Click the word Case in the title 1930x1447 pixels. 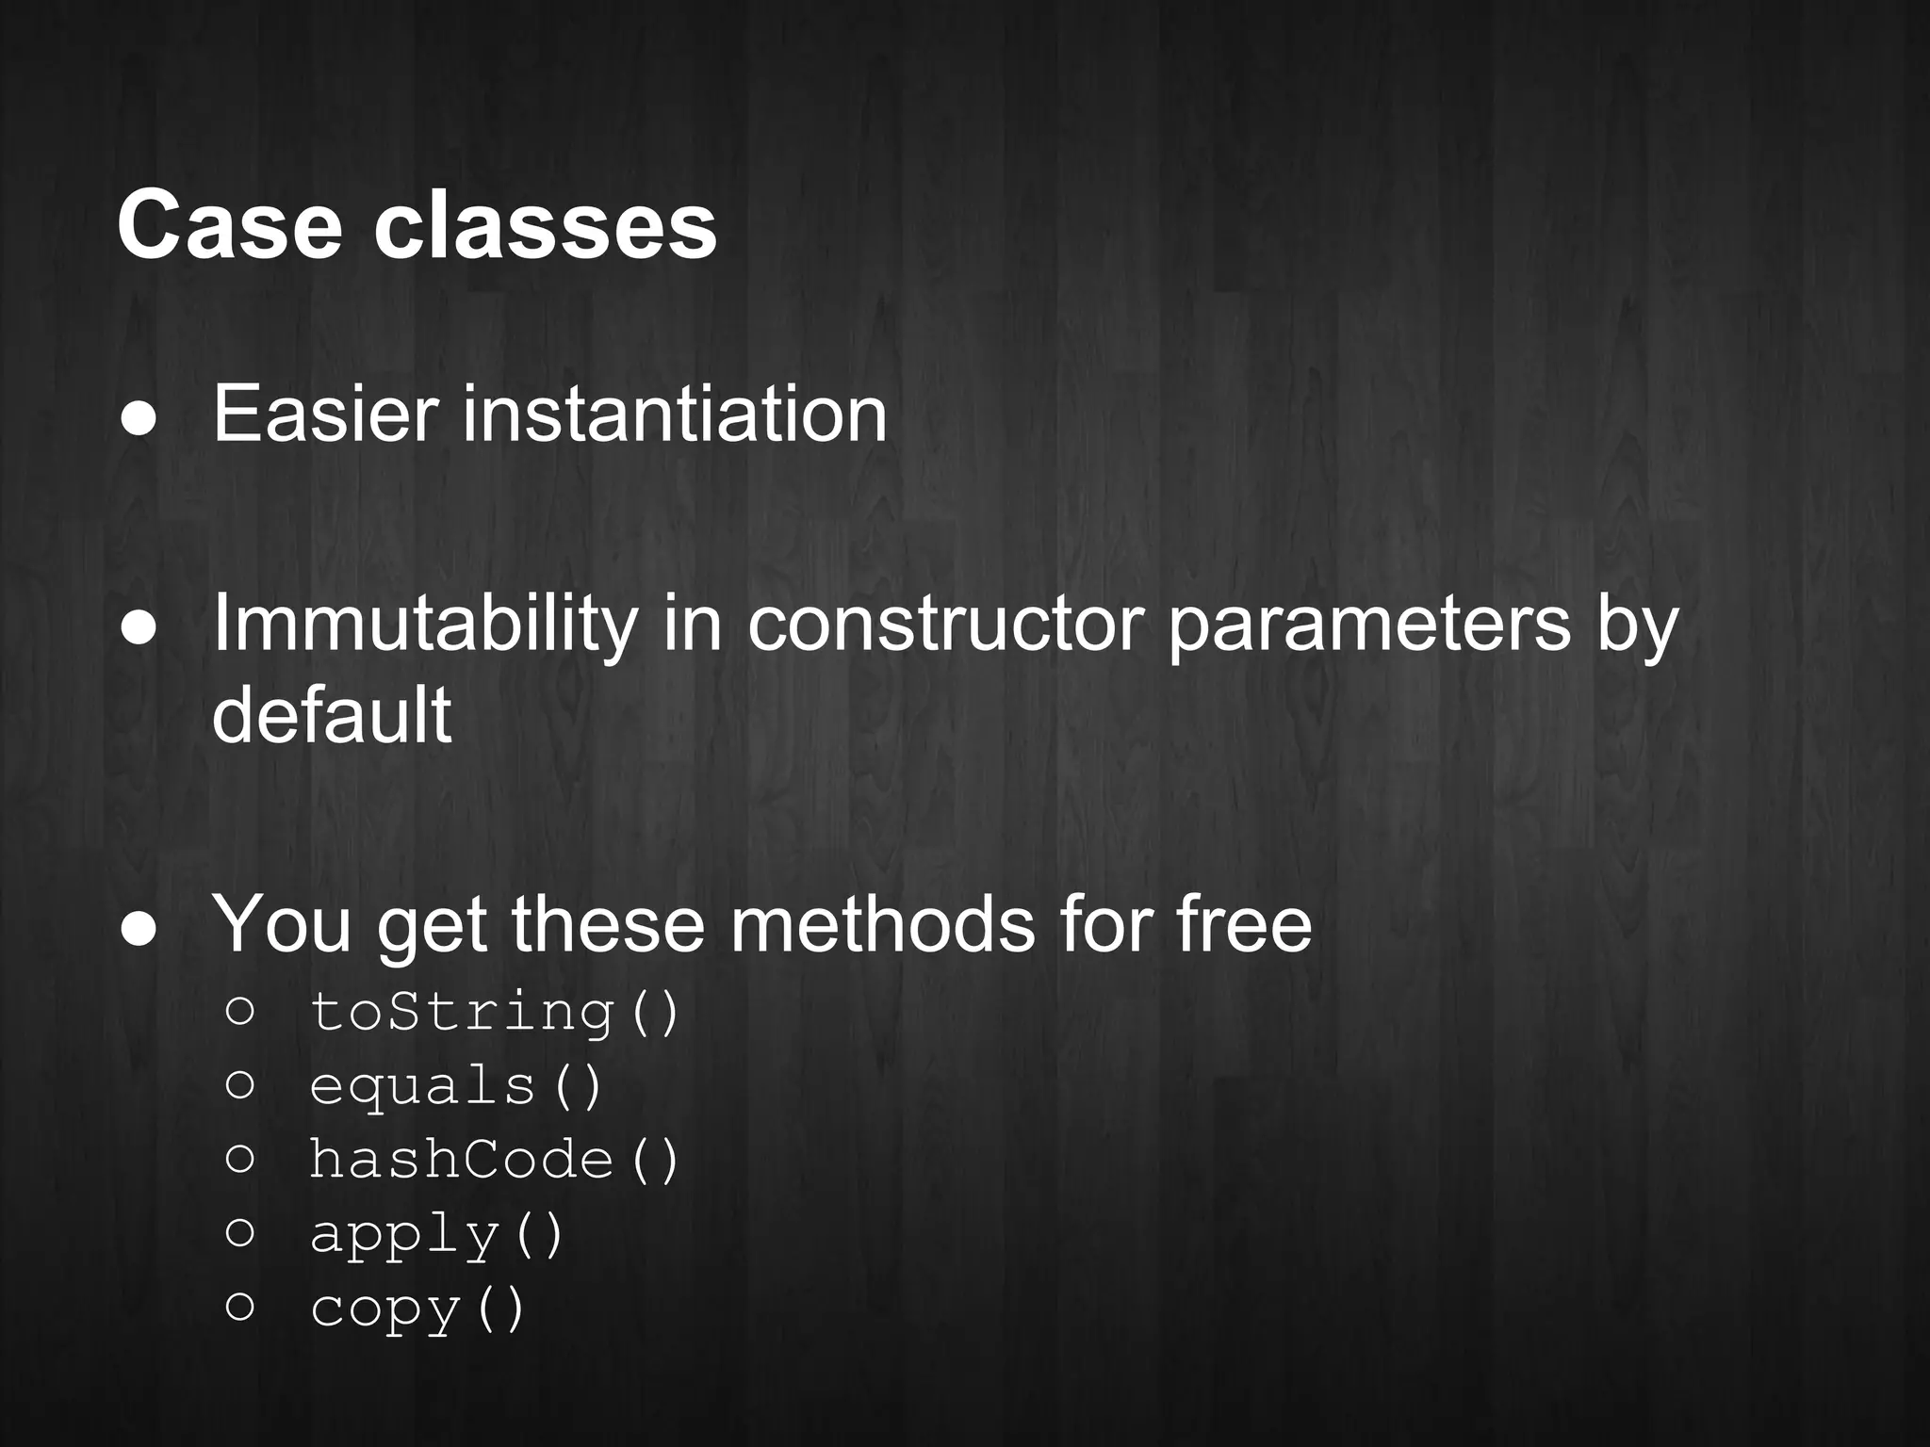[229, 226]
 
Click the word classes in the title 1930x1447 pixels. [546, 226]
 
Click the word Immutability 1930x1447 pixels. [425, 626]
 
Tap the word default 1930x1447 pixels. [332, 715]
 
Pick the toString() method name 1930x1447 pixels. [495, 1013]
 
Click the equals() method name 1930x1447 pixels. [456, 1086]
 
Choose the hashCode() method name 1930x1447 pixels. [495, 1160]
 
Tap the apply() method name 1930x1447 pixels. [437, 1235]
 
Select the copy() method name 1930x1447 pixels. [417, 1309]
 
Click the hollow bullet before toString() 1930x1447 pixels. [240, 1011]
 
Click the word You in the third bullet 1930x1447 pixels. [282, 925]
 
